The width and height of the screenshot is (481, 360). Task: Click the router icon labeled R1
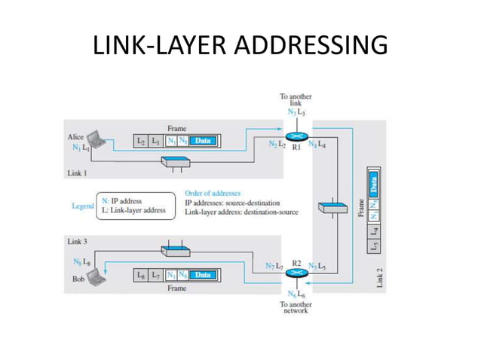tap(296, 137)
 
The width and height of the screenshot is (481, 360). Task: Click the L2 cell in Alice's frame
tap(141, 141)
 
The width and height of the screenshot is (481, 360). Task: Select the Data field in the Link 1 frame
tap(202, 141)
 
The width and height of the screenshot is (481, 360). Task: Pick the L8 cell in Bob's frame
tap(141, 276)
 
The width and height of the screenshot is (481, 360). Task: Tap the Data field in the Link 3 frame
tap(202, 276)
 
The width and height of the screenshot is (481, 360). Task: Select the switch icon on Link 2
tap(332, 206)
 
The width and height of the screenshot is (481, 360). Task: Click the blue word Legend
tap(82, 206)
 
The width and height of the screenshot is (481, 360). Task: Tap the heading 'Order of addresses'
tap(212, 194)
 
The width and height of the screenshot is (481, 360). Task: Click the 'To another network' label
tap(296, 307)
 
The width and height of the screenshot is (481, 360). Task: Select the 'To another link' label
tap(296, 100)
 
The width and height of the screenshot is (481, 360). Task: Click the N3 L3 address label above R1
tap(296, 112)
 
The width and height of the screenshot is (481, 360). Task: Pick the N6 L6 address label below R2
tap(296, 294)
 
